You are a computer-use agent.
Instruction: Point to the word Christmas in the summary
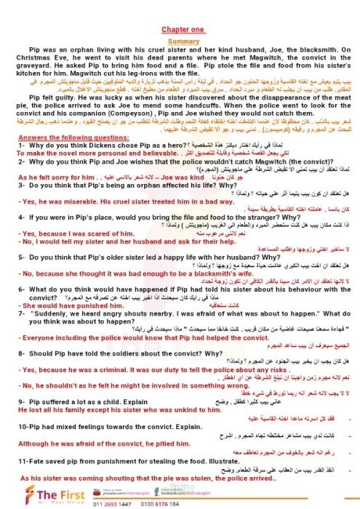point(35,63)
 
